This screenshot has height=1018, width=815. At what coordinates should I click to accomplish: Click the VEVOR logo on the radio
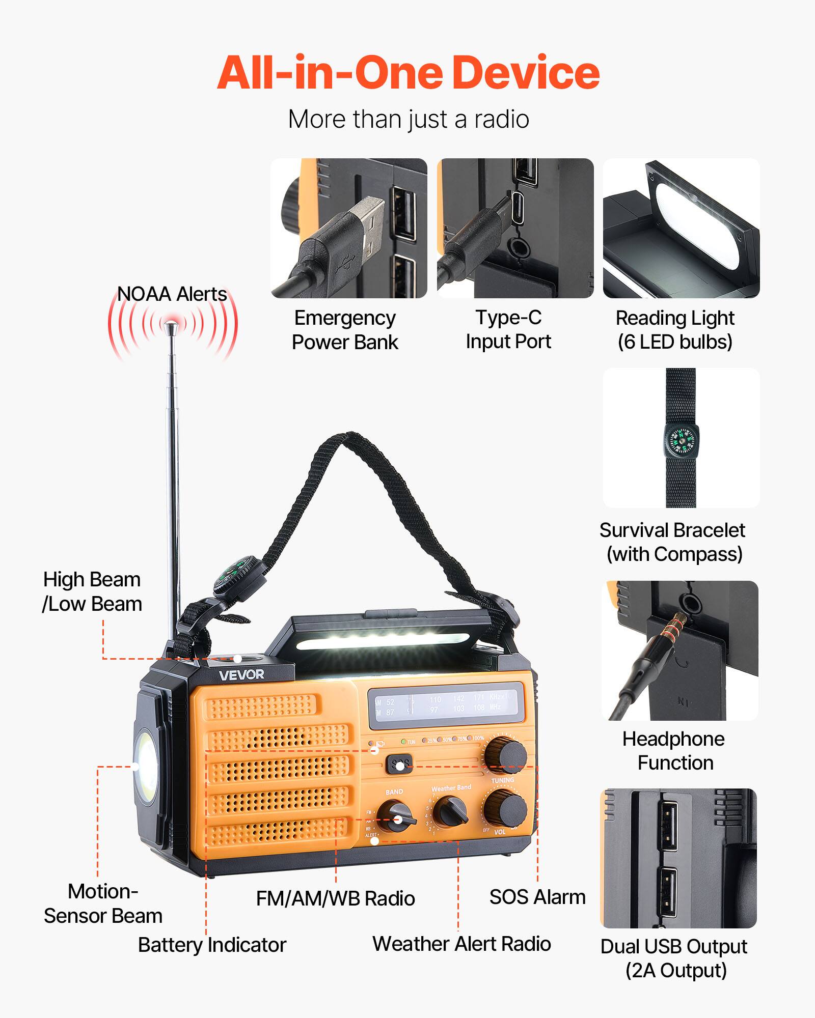(241, 675)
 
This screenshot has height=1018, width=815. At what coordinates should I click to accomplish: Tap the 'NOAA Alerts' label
(172, 294)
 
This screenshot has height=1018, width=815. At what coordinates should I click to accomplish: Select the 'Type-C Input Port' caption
(508, 329)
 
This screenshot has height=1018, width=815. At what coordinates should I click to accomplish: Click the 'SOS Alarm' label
(537, 897)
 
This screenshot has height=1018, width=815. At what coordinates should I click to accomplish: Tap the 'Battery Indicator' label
(212, 945)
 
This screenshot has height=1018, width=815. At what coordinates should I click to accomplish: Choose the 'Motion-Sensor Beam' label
(103, 903)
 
